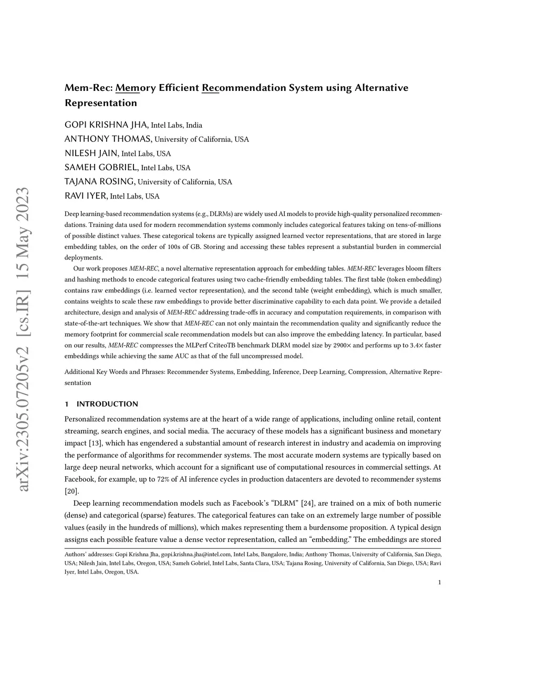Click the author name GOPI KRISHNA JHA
coord(106,125)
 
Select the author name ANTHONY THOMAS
coord(108,139)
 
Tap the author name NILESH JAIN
coord(91,153)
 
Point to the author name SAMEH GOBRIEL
coord(101,168)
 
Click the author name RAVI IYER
coord(86,196)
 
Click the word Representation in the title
coord(101,103)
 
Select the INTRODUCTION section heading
coord(107,404)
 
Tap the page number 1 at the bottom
coord(439,582)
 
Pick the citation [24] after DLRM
coord(308,503)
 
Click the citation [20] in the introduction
coord(71,491)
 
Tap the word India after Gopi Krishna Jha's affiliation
coord(194,126)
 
